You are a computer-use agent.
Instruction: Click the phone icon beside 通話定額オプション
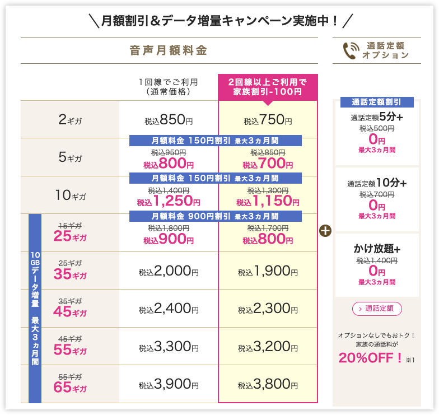pyautogui.click(x=351, y=50)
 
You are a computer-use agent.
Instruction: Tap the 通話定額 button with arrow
pyautogui.click(x=377, y=309)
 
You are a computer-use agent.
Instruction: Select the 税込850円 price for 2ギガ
pyautogui.click(x=168, y=119)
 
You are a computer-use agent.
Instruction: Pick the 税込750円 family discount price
pyautogui.click(x=268, y=119)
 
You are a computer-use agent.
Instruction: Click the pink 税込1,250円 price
pyautogui.click(x=168, y=201)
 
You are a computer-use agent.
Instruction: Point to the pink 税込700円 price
pyautogui.click(x=268, y=164)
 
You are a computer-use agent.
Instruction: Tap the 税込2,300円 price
pyautogui.click(x=268, y=309)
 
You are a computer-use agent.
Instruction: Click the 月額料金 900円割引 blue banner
pyautogui.click(x=216, y=216)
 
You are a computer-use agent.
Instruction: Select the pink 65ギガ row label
pyautogui.click(x=71, y=387)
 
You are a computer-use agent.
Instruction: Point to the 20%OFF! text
pyautogui.click(x=370, y=357)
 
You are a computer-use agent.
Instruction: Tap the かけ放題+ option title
pyautogui.click(x=377, y=249)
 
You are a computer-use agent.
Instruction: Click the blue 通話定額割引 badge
pyautogui.click(x=377, y=102)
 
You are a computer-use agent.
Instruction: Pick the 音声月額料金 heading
pyautogui.click(x=168, y=51)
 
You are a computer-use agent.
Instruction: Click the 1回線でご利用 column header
pyautogui.click(x=168, y=86)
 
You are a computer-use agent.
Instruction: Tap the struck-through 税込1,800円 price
pyautogui.click(x=168, y=229)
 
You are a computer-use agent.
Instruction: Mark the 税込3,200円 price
pyautogui.click(x=268, y=347)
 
